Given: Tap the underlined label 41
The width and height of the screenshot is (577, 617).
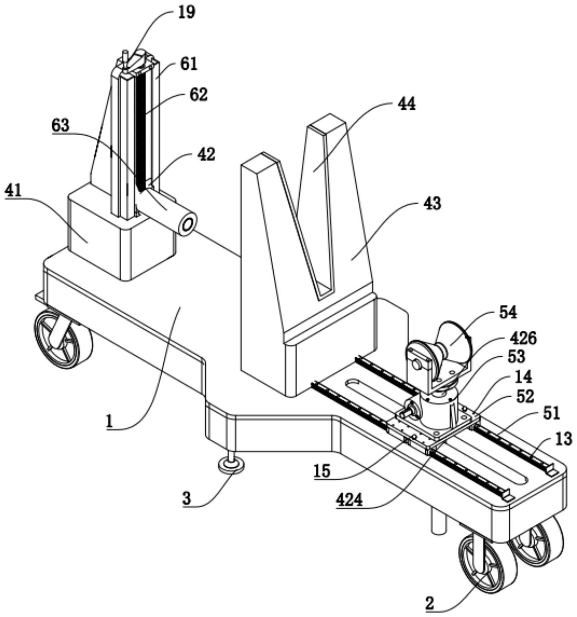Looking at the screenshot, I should click(x=13, y=190).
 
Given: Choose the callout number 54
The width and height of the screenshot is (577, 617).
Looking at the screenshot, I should click(x=508, y=312).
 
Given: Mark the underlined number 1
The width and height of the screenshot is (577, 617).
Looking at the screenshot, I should click(x=110, y=421).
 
